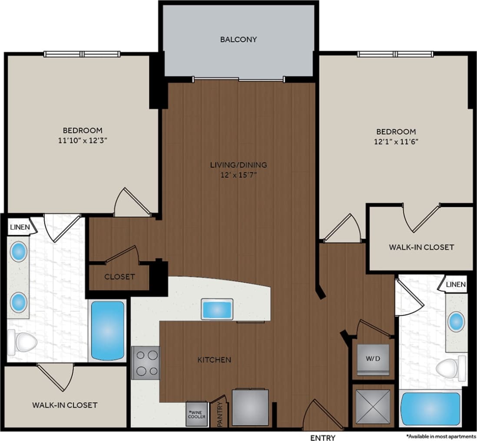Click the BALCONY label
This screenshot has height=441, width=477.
click(x=238, y=39)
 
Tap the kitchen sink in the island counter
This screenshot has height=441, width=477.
click(x=217, y=310)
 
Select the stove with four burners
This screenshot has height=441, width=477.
click(x=146, y=363)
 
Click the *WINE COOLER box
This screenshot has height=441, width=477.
click(x=197, y=414)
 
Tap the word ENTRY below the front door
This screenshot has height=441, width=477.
click(x=323, y=438)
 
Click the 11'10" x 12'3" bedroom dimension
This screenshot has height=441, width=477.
click(x=83, y=140)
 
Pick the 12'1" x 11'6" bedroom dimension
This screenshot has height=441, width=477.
click(x=396, y=141)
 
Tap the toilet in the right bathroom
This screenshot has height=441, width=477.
click(x=450, y=369)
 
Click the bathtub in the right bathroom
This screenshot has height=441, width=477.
click(x=431, y=408)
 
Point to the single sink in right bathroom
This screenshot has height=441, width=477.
click(x=456, y=321)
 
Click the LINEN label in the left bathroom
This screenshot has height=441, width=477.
click(x=19, y=227)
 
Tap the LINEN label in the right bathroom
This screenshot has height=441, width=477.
click(x=455, y=284)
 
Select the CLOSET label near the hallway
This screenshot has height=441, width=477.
click(x=119, y=277)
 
